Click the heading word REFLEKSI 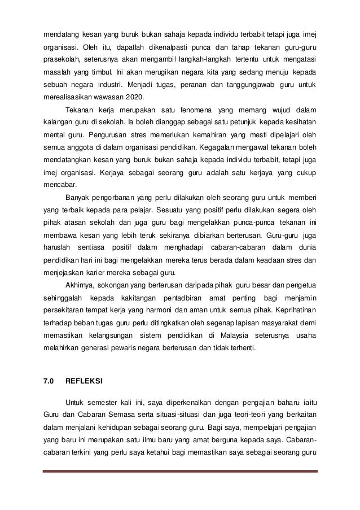pyautogui.click(x=84, y=381)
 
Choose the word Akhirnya pyautogui.click(x=80, y=284)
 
